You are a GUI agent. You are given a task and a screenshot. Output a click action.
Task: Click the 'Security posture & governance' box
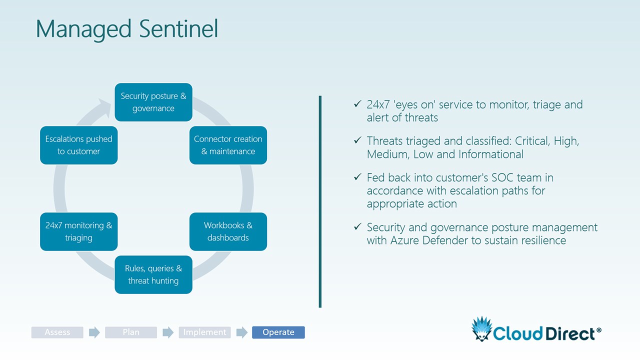(x=153, y=102)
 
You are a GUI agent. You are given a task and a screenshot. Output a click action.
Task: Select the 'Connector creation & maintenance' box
(x=228, y=145)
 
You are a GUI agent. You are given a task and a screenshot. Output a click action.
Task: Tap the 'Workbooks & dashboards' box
(x=228, y=231)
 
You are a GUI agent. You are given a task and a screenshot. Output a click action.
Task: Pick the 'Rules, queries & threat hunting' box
(x=153, y=274)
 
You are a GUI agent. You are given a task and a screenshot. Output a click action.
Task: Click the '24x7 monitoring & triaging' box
(x=78, y=231)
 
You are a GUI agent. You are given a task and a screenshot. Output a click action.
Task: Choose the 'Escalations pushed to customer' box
(x=78, y=145)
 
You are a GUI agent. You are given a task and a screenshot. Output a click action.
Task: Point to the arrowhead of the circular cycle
(x=106, y=106)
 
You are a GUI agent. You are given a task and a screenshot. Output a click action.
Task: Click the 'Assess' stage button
(x=57, y=332)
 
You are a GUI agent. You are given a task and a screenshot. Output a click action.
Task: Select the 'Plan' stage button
(x=131, y=332)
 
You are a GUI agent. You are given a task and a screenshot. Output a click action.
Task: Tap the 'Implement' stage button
(x=204, y=332)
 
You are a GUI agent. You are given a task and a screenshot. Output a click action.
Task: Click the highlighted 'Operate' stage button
(x=278, y=332)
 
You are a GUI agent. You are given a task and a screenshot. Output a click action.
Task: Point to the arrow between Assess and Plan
(x=94, y=332)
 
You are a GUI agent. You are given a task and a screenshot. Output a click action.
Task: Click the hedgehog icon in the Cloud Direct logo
(x=481, y=328)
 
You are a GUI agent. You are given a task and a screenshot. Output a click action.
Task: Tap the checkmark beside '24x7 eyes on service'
(x=357, y=104)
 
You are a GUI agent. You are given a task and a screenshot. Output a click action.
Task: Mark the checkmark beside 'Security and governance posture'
(x=357, y=227)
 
